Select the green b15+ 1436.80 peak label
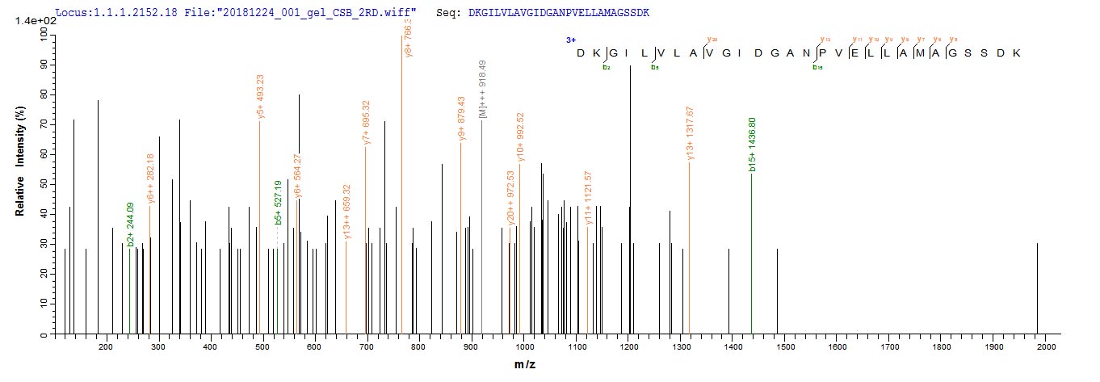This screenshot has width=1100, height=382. click(753, 145)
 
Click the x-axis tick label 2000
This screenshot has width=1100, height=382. click(1046, 346)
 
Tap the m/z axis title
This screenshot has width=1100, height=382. click(525, 365)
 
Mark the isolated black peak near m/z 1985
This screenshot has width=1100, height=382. click(1038, 288)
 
